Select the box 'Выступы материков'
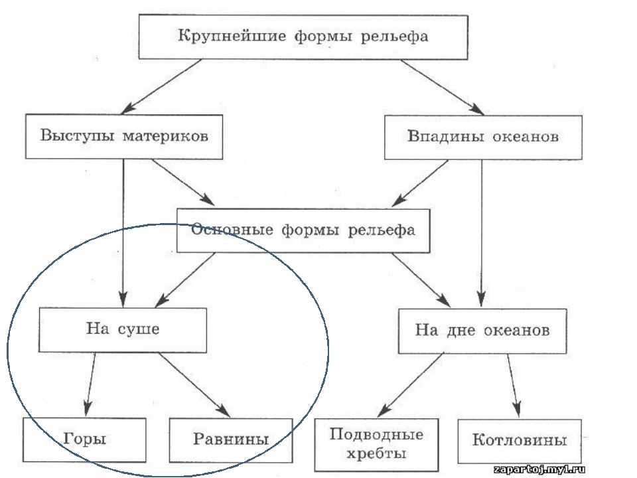coord(123,137)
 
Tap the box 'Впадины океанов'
coord(482,137)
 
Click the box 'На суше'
coord(123,329)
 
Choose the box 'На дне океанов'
coord(482,329)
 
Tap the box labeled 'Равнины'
coord(231,439)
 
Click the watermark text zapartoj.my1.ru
coord(544,468)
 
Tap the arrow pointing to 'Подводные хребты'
coord(411,385)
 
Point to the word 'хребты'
coord(376,454)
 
